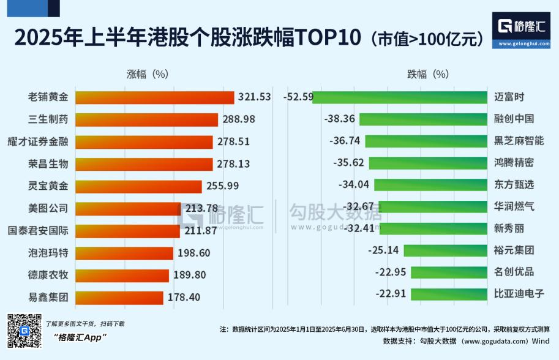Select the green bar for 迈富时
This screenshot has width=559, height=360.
[x=402, y=97]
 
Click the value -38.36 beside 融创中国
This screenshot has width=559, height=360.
[x=340, y=119]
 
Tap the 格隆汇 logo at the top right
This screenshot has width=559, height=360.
[x=523, y=26]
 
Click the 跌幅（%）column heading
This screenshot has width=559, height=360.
[x=428, y=74]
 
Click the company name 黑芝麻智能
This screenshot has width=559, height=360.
[x=519, y=141]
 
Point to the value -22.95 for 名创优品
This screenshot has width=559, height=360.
[x=391, y=271]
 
